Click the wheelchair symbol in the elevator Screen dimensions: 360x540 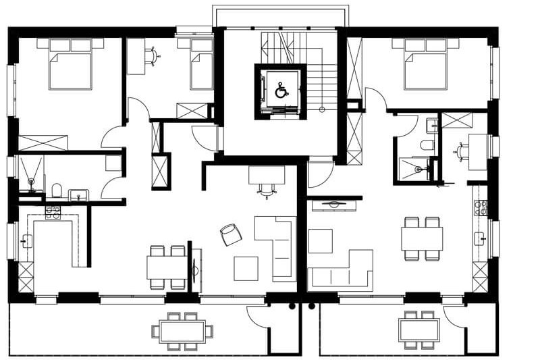point(281,91)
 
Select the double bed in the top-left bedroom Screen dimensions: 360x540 point(70,66)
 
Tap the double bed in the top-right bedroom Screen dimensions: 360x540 point(425,66)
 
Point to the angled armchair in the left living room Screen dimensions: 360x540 point(230,234)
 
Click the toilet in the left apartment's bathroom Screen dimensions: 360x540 point(57,190)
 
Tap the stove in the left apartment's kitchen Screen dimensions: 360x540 point(53,211)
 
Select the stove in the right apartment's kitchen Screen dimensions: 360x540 point(481,207)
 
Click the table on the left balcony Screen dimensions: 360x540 point(182,331)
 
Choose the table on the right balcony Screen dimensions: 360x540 point(418,330)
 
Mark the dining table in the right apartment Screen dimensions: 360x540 point(422,238)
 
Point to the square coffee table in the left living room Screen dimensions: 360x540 point(246,268)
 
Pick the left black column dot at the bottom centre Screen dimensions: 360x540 point(292,306)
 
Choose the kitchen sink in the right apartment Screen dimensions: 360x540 point(481,238)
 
